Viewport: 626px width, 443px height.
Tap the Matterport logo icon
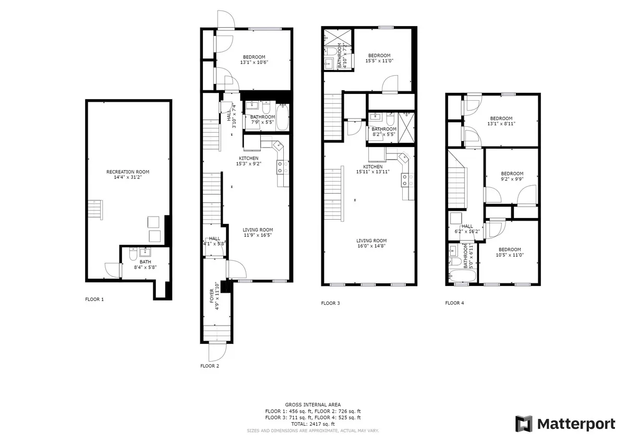click(x=524, y=424)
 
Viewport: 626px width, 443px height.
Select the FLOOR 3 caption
click(x=330, y=303)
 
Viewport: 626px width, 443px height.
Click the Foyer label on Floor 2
click(x=214, y=299)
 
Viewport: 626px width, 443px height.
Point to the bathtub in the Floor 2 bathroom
click(x=282, y=117)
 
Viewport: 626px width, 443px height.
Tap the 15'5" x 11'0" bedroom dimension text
click(x=379, y=61)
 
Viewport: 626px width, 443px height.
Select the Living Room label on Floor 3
click(x=371, y=243)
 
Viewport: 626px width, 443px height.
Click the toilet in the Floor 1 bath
click(x=133, y=256)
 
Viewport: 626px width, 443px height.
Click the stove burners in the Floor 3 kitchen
click(x=405, y=180)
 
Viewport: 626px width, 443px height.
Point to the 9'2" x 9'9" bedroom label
click(x=512, y=176)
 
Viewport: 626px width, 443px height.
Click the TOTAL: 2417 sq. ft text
click(x=313, y=424)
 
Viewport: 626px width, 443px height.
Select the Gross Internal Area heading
click(x=313, y=404)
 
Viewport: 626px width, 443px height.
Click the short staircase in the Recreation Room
click(x=95, y=210)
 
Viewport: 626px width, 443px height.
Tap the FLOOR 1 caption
click(x=94, y=300)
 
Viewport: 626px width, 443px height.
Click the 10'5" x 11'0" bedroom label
click(x=509, y=252)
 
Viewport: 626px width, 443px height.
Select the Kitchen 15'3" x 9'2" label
click(x=249, y=161)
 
